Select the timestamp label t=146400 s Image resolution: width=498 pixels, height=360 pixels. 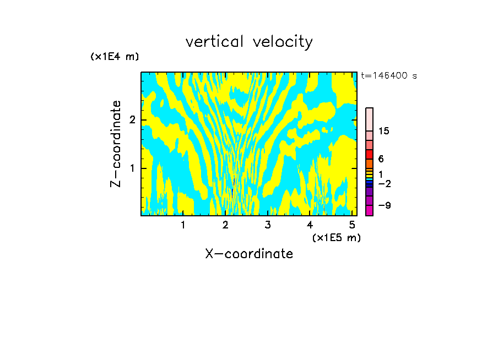pyautogui.click(x=388, y=76)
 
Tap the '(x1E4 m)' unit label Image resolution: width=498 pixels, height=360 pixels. pyautogui.click(x=115, y=57)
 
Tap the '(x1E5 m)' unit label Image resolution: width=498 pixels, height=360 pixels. pyautogui.click(x=336, y=237)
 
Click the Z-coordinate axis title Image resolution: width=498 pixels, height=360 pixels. pyautogui.click(x=116, y=144)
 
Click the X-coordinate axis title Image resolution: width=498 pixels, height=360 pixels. pyautogui.click(x=249, y=254)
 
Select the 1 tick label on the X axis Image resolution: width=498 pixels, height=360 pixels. pyautogui.click(x=183, y=225)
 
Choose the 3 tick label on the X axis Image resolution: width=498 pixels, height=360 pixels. pyautogui.click(x=267, y=225)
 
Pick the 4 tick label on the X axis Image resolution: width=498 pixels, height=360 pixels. pyautogui.click(x=310, y=225)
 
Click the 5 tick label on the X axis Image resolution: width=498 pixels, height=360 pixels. pyautogui.click(x=352, y=225)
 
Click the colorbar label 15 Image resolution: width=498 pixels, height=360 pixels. pyautogui.click(x=384, y=131)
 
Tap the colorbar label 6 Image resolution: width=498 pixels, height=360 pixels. pyautogui.click(x=381, y=159)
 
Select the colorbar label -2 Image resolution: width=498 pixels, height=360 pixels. pyautogui.click(x=384, y=184)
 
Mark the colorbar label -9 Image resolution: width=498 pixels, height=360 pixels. pyautogui.click(x=384, y=205)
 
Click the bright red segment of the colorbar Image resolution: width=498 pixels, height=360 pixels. pyautogui.click(x=369, y=154)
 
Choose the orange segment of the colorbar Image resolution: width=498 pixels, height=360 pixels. pyautogui.click(x=369, y=163)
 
